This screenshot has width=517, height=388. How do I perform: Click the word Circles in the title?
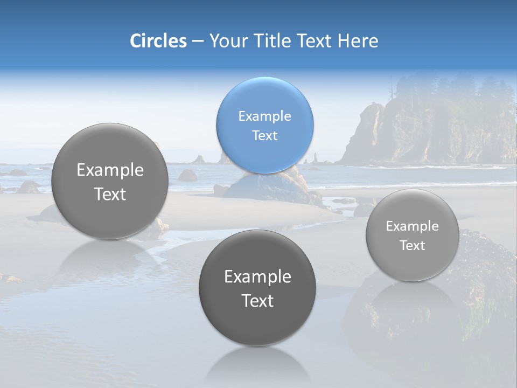(x=158, y=41)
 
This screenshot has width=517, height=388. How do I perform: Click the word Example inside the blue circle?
(x=264, y=116)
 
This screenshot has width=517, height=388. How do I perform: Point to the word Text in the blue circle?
(x=264, y=135)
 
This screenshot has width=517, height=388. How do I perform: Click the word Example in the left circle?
(x=110, y=170)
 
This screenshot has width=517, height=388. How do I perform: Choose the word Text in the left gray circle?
(x=110, y=194)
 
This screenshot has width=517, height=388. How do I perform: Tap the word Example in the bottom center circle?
(x=257, y=276)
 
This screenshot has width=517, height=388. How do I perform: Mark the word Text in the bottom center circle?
(x=257, y=301)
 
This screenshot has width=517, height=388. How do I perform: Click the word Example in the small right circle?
(x=413, y=226)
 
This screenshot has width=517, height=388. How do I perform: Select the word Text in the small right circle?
(x=413, y=246)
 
